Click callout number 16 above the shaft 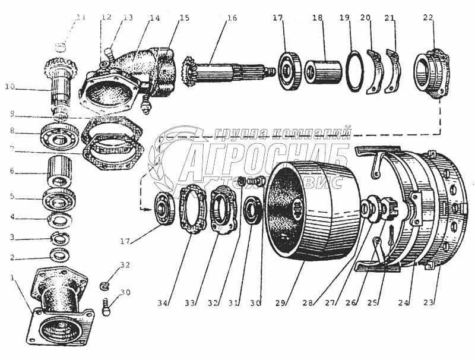[x=231, y=17]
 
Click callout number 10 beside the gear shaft [x=9, y=87]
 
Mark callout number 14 [x=154, y=17]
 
